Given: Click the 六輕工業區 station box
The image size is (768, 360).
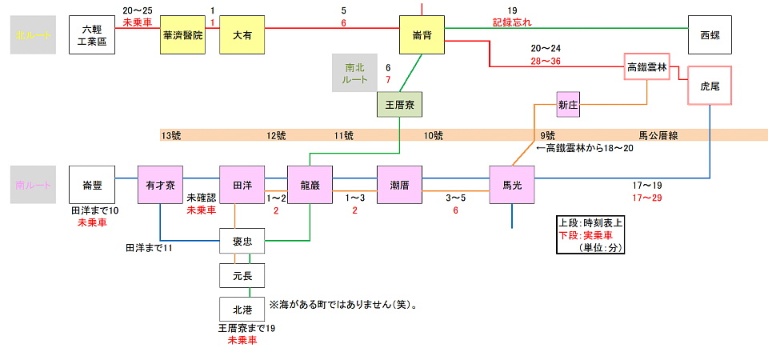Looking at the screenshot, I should (93, 34).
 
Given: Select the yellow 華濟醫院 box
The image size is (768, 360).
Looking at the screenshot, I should (182, 34).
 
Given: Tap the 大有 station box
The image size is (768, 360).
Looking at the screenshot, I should (242, 34).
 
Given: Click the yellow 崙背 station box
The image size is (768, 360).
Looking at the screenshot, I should (422, 34).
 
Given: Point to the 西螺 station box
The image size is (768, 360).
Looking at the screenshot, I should (710, 34).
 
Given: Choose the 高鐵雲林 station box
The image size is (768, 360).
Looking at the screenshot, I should (646, 67).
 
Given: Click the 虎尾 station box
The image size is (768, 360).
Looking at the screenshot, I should (710, 86).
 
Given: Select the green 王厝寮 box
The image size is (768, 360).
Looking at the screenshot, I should (399, 104).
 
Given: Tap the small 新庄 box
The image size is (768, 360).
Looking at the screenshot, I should (568, 104).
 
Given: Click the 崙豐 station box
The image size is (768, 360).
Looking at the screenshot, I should (93, 186).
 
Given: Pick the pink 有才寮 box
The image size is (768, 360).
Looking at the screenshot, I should (161, 186).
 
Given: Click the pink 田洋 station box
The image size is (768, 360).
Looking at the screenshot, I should (242, 186).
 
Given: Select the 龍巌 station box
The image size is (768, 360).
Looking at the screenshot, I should (310, 186).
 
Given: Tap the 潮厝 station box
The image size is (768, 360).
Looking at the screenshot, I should (399, 186).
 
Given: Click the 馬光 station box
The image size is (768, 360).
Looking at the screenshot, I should (512, 186).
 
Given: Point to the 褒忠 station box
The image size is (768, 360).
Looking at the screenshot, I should (242, 241).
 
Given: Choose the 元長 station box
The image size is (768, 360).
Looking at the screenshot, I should (242, 274).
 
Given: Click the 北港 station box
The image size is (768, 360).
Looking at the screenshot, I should (242, 308).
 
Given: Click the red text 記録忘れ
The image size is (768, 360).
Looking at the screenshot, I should (512, 22).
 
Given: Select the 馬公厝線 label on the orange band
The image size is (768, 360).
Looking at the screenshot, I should (658, 136).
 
